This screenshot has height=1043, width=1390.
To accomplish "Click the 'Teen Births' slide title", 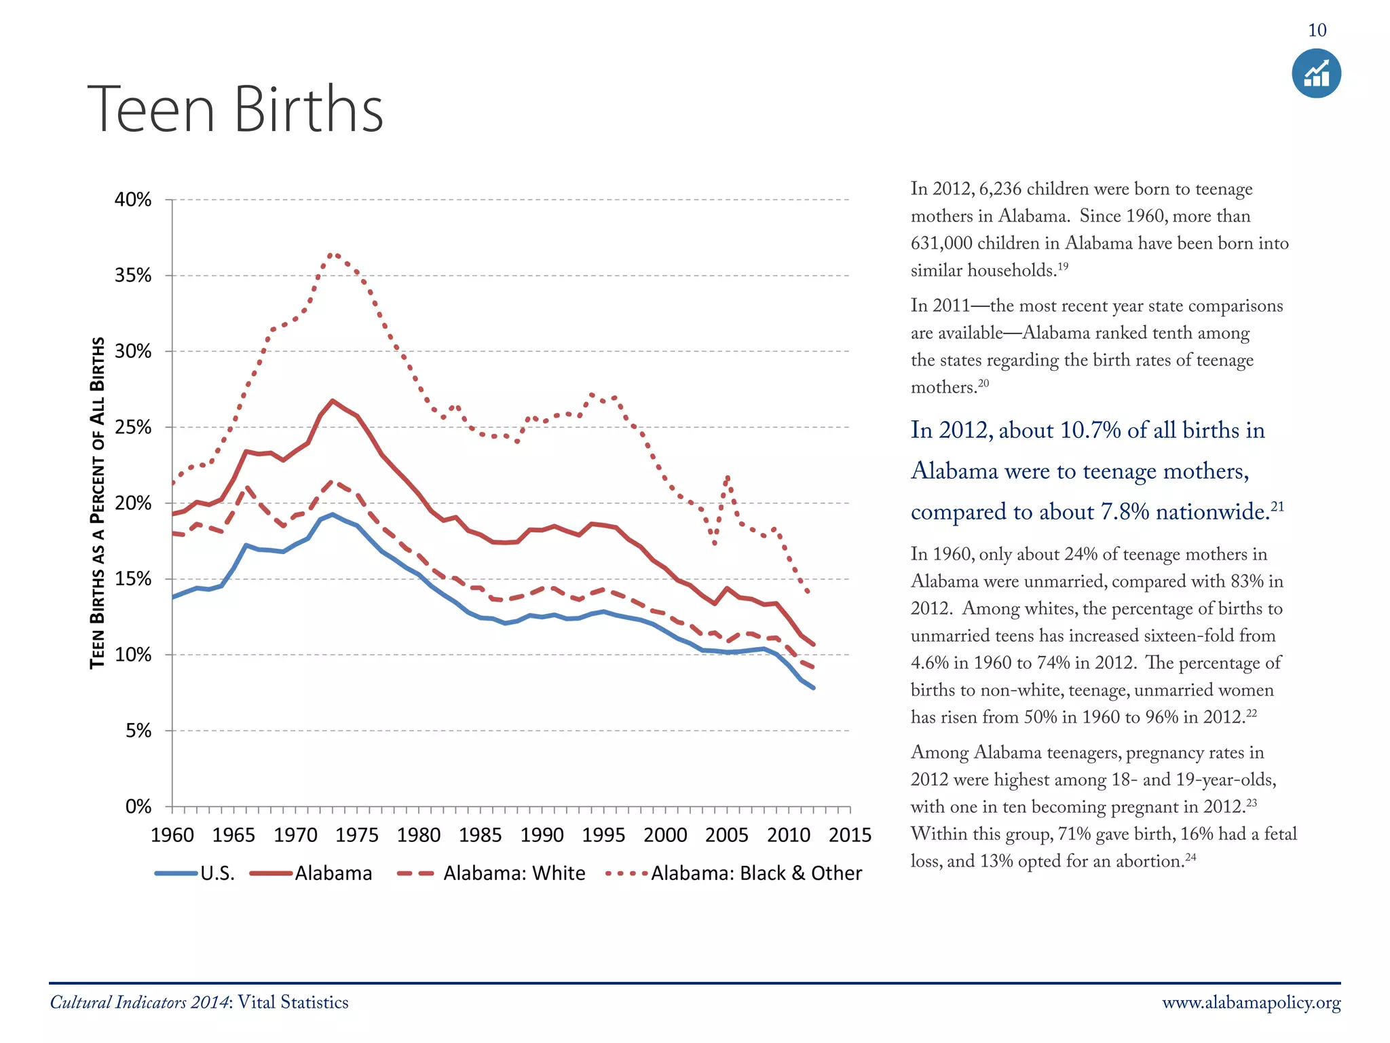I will click(235, 109).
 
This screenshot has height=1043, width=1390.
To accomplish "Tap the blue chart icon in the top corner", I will click(1316, 73).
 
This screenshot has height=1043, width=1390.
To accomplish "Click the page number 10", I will click(1317, 31).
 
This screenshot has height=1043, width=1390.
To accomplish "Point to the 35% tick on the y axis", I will click(133, 275).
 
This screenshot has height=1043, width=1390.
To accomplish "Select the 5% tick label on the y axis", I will click(138, 731).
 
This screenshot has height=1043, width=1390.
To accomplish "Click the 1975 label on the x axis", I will click(356, 835).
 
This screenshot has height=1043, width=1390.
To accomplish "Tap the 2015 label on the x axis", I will click(850, 835).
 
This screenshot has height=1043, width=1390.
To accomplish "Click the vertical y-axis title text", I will click(98, 502).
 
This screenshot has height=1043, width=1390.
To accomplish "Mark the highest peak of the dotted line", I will click(333, 254).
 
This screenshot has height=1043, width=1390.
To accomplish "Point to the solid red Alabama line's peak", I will click(332, 401).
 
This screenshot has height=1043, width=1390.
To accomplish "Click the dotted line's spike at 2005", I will click(728, 477).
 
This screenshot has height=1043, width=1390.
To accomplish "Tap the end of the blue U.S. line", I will click(813, 688).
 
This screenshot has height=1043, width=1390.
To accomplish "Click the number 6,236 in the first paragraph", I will click(1000, 189).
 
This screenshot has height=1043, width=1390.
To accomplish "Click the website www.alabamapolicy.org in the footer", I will click(1251, 1003).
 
